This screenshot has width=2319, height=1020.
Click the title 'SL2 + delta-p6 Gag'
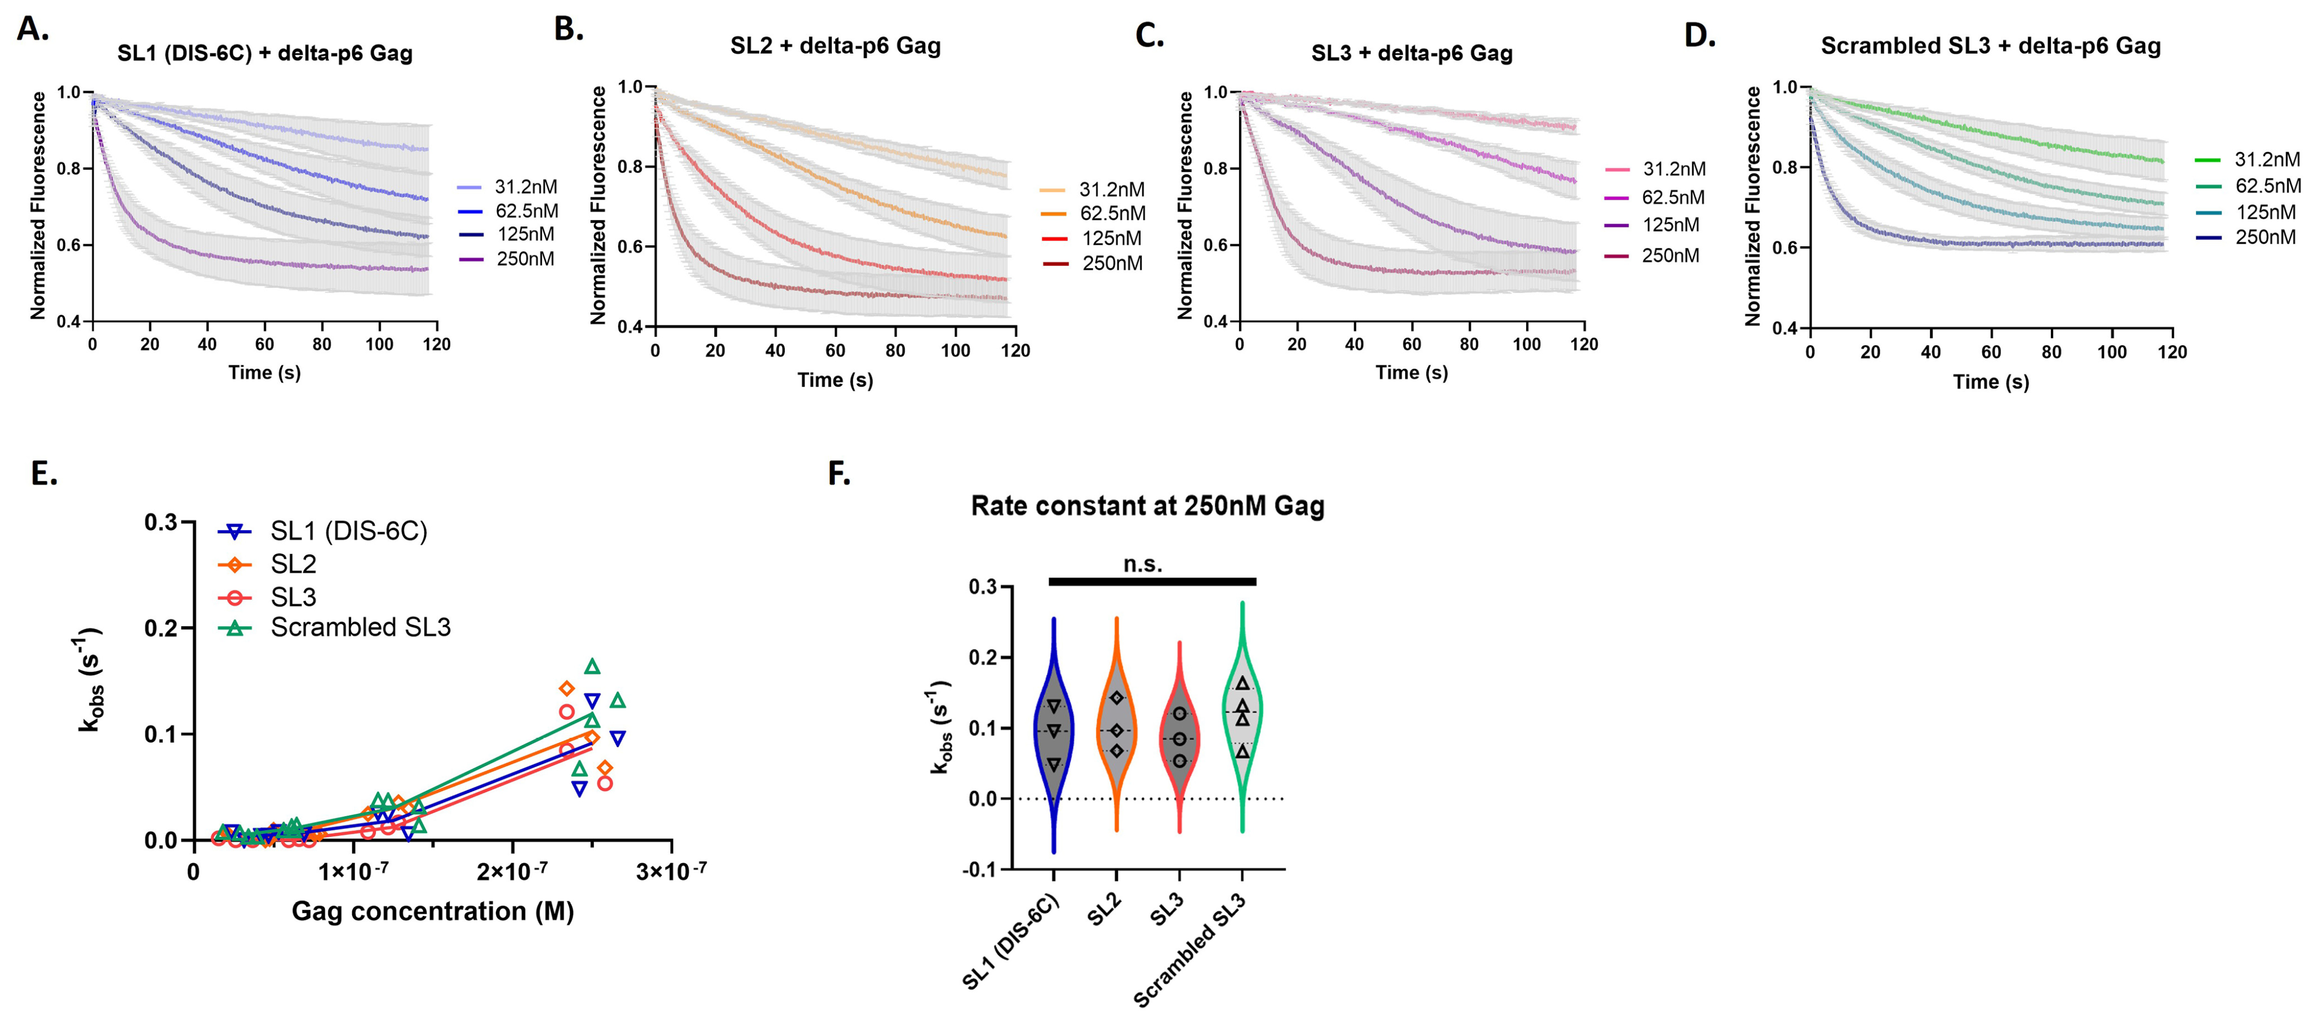(835, 46)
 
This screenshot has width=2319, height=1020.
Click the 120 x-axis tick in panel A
(437, 344)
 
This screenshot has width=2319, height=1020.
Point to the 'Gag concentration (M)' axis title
(432, 911)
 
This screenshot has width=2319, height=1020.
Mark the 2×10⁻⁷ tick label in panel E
(512, 871)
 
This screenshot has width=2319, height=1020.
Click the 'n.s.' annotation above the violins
(1142, 564)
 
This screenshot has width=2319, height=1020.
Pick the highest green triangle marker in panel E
(592, 666)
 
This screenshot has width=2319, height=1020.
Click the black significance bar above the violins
(1152, 582)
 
